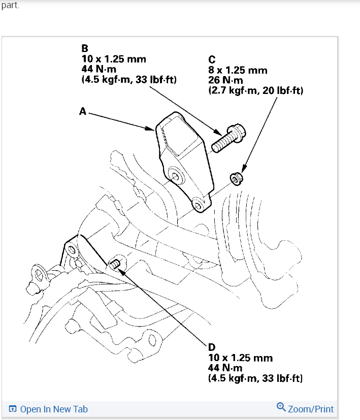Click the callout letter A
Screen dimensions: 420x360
click(x=83, y=111)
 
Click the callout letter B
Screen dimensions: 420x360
click(x=85, y=49)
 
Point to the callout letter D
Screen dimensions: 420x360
click(x=212, y=347)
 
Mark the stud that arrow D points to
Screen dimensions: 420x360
click(x=115, y=264)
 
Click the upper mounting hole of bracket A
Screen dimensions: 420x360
click(x=176, y=176)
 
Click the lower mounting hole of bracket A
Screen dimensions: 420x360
click(x=199, y=204)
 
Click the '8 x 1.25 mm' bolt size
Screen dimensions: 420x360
click(x=238, y=71)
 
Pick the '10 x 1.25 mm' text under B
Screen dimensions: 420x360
click(x=114, y=59)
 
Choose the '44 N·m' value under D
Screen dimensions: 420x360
click(x=225, y=368)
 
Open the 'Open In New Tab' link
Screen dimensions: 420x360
click(x=54, y=409)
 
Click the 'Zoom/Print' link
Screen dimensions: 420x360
click(x=311, y=409)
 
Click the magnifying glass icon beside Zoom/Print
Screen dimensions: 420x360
click(x=281, y=407)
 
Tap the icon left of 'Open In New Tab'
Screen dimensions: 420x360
click(x=13, y=409)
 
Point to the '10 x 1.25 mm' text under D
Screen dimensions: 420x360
click(x=240, y=358)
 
